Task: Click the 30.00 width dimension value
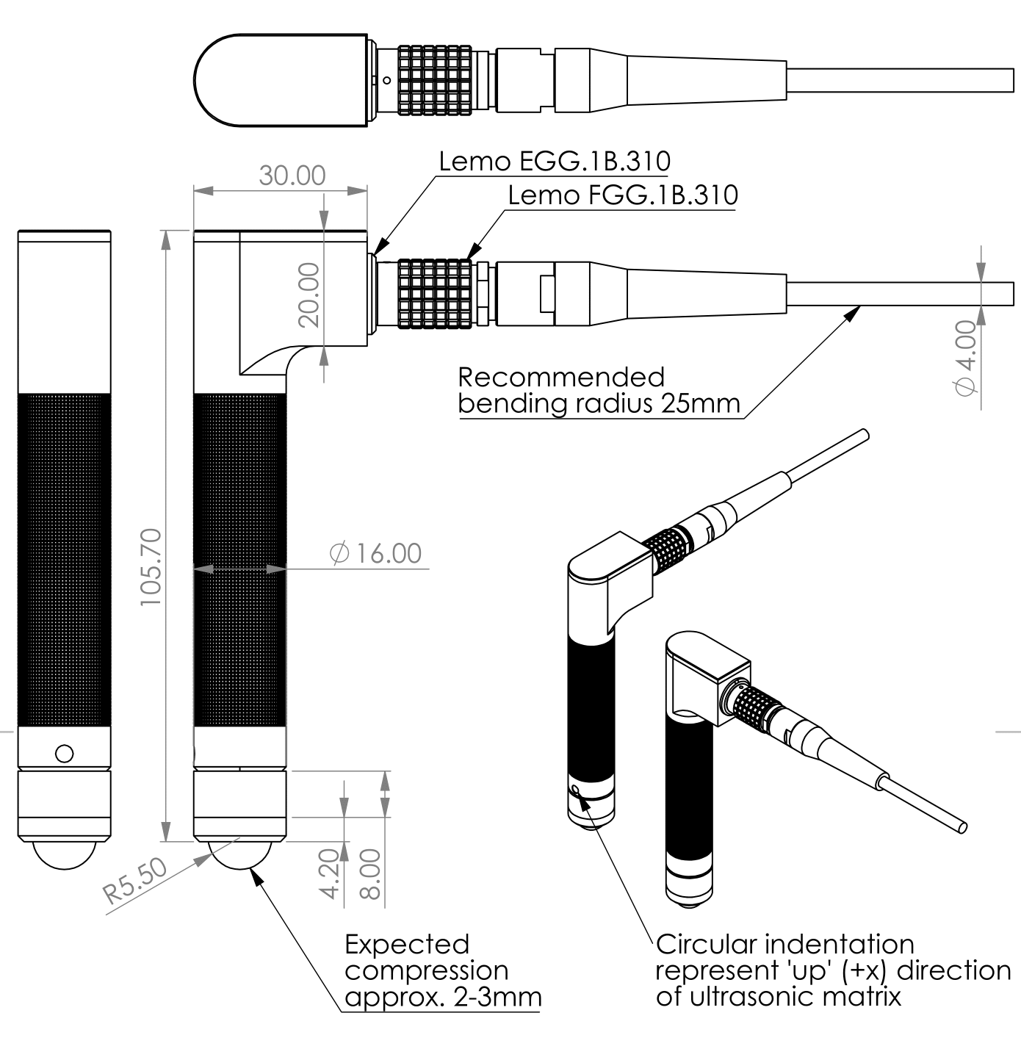(x=292, y=176)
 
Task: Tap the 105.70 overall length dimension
(x=151, y=566)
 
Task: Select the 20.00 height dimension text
(x=309, y=295)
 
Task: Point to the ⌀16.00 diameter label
(x=376, y=553)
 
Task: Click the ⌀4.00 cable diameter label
(x=965, y=358)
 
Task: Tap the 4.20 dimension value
(x=330, y=873)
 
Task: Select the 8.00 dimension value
(x=370, y=873)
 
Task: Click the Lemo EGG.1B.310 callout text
(x=555, y=161)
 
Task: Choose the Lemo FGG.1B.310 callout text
(x=623, y=195)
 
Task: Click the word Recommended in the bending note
(x=561, y=378)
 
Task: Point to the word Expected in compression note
(x=407, y=944)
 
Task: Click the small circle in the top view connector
(x=386, y=80)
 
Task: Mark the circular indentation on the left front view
(x=64, y=754)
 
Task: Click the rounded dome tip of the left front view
(x=64, y=855)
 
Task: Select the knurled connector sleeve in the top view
(x=435, y=80)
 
